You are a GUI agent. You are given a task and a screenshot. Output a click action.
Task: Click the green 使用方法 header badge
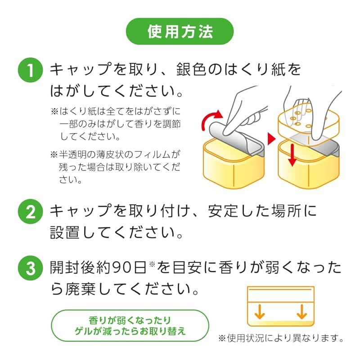(x=180, y=31)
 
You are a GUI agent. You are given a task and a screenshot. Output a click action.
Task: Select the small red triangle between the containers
(x=270, y=139)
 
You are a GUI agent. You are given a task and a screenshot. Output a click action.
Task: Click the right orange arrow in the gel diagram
(x=302, y=310)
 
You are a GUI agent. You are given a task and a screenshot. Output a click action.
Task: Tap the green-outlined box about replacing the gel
(x=130, y=326)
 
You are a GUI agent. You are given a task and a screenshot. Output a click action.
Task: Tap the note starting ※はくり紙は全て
(x=117, y=123)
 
